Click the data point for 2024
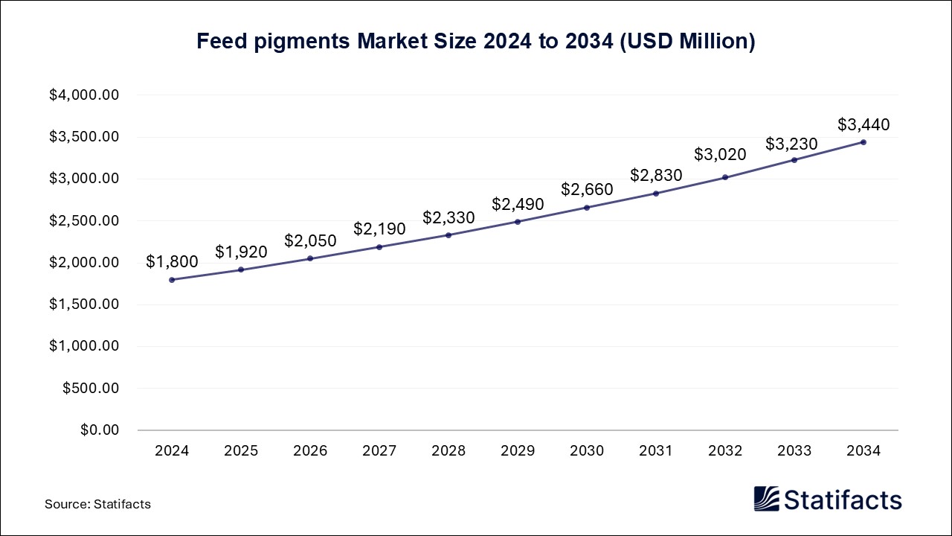pos(172,280)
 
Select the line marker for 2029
pos(518,222)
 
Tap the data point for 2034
pos(863,142)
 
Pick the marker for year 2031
pos(656,194)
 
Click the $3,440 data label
pos(863,124)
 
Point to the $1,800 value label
pos(172,261)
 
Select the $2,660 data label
pos(587,189)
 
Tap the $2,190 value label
pos(379,229)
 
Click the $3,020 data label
pos(720,154)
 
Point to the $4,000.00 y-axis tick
pos(84,95)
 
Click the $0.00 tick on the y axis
pos(100,430)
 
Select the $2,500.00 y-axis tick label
pos(84,221)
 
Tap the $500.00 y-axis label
pos(91,389)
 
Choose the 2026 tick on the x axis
pos(310,451)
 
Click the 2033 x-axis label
pos(794,451)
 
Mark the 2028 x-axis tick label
pos(448,451)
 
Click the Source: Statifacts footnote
pos(97,504)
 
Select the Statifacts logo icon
pos(766,499)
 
